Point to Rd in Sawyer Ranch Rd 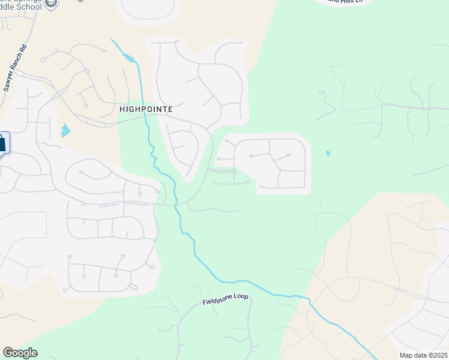[23, 47]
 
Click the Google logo [20, 353]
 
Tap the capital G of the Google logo [7, 353]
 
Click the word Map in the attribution [406, 355]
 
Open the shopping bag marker [2, 143]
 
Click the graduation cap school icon [52, 4]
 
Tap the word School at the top [29, 7]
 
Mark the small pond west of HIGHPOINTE [65, 130]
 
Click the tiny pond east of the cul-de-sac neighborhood [327, 153]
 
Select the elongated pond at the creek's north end [127, 58]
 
